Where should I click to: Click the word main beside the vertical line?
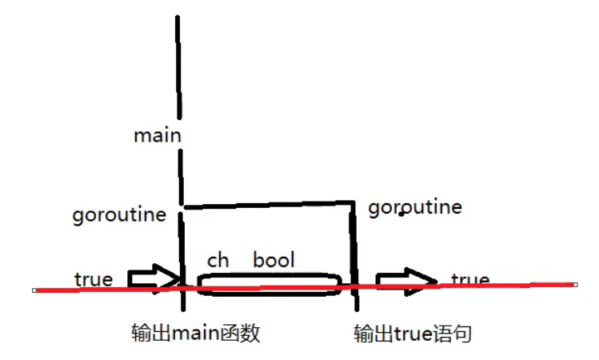click(157, 135)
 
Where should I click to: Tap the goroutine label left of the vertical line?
click(119, 215)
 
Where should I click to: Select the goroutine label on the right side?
click(415, 208)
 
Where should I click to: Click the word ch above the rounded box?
click(218, 261)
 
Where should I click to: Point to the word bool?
click(274, 260)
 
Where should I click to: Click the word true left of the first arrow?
click(94, 279)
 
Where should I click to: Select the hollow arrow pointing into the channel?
click(154, 278)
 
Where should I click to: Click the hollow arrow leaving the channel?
click(406, 281)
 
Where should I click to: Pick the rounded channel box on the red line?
click(269, 285)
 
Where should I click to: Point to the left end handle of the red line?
click(35, 290)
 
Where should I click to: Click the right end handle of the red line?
click(575, 284)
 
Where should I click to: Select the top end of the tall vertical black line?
click(177, 18)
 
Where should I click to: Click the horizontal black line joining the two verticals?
click(268, 205)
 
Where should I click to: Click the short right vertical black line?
click(354, 256)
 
